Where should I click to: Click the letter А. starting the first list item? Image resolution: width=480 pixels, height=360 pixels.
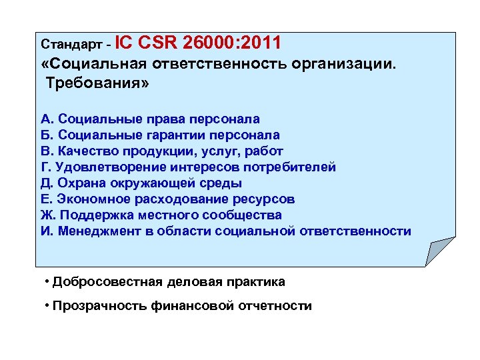point(47,119)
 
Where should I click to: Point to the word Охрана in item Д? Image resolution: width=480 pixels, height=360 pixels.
point(77,183)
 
